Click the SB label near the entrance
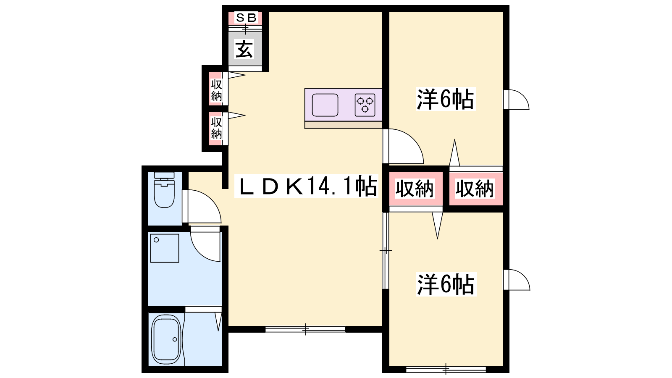(246, 18)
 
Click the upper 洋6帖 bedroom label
(445, 99)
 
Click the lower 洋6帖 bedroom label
(446, 284)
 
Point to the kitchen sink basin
(325, 105)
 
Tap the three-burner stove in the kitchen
(365, 105)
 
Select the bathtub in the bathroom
(166, 340)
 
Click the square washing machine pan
(164, 248)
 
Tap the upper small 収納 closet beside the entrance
(216, 89)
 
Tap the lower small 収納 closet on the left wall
(216, 129)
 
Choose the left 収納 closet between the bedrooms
(415, 189)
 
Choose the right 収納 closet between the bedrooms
(475, 189)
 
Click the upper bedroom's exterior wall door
(516, 99)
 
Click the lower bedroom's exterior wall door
(517, 280)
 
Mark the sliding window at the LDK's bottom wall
(305, 329)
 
